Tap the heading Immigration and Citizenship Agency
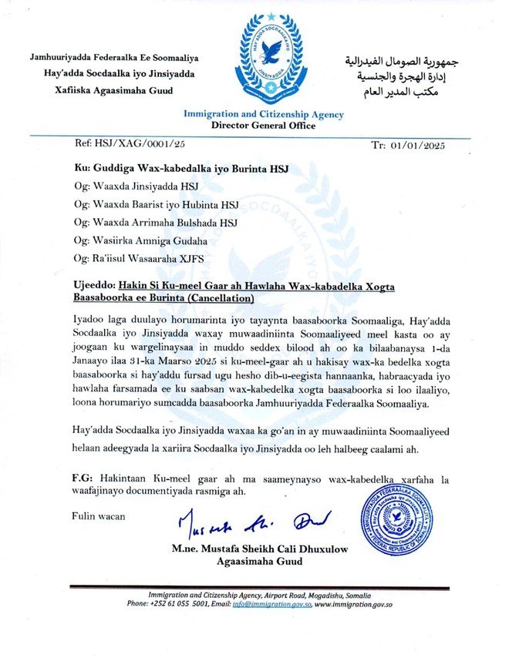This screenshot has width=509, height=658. pyautogui.click(x=264, y=115)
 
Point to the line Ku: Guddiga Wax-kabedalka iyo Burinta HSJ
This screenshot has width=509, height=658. pyautogui.click(x=181, y=169)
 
